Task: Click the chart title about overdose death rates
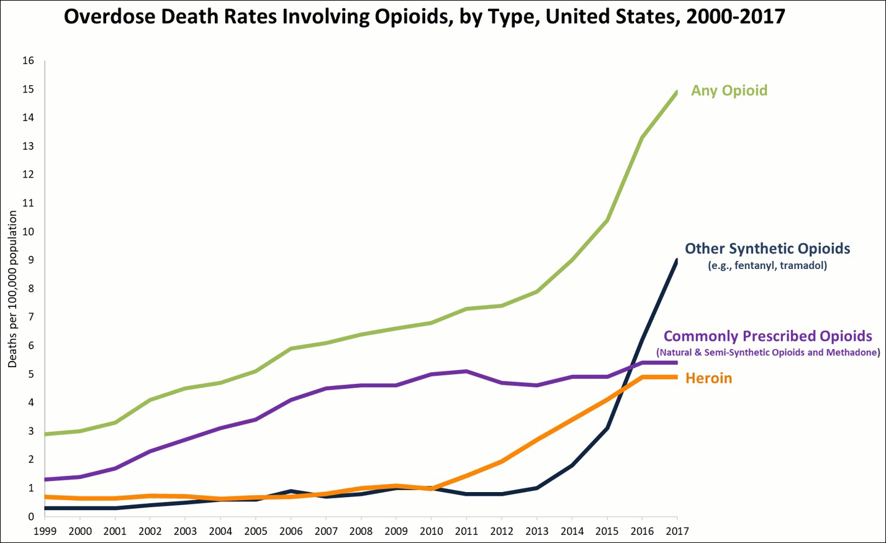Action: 425,17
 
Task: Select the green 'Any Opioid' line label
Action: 729,91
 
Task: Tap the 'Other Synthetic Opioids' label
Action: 767,249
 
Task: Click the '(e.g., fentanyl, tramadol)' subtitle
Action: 767,266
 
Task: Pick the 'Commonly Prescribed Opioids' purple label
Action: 767,336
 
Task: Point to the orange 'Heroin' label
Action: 708,378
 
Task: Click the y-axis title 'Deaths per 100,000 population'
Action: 12,289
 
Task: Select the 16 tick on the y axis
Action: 28,61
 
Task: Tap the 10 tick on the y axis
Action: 28,232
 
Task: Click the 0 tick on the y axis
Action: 30,517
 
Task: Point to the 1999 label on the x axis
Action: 45,531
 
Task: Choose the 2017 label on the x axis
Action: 677,531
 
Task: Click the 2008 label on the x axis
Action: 361,531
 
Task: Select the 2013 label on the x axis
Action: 536,531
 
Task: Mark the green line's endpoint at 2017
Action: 676,93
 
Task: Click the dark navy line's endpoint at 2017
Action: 676,262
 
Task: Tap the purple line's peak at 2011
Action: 466,372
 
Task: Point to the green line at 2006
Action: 291,349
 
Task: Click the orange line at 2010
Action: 431,489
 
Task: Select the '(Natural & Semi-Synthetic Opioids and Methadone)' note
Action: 768,353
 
